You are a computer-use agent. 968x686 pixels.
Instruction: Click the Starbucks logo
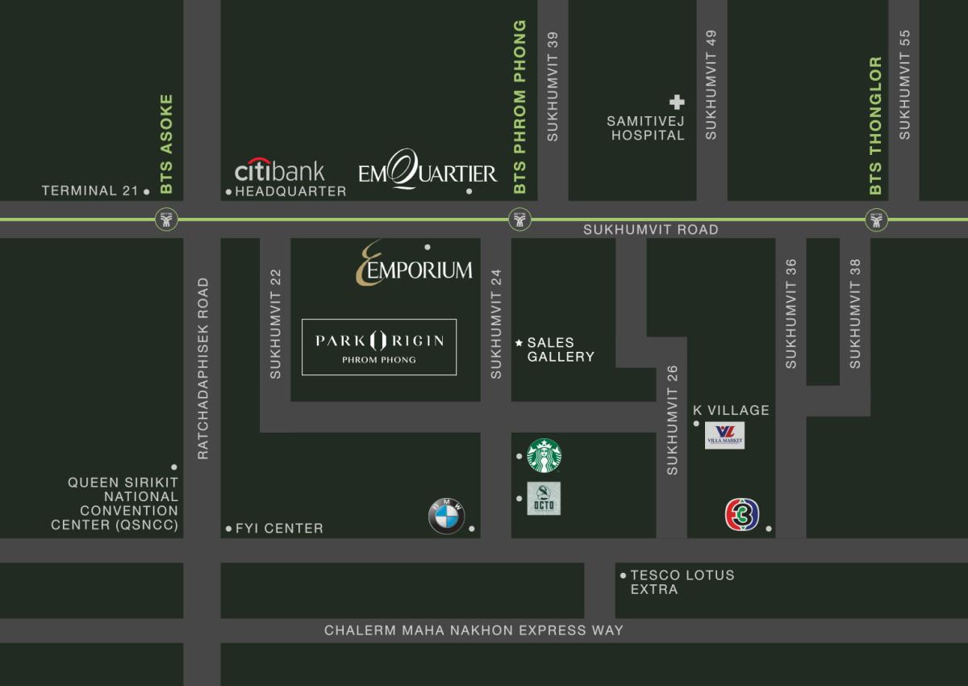coord(544,456)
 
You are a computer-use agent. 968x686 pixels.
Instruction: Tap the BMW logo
coord(446,517)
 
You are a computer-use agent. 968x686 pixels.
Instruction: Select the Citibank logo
coord(279,170)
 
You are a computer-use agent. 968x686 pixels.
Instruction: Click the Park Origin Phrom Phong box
coord(379,347)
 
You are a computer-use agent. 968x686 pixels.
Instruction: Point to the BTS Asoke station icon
coord(166,219)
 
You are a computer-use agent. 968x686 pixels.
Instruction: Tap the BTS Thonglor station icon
coord(876,219)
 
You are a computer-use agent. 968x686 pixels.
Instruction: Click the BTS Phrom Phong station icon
coord(520,219)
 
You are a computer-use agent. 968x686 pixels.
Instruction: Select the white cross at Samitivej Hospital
coord(677,102)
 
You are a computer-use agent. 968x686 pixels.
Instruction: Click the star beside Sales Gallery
coord(519,343)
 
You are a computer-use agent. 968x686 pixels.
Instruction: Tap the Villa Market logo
coord(724,436)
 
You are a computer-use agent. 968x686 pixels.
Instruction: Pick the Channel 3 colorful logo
coord(742,515)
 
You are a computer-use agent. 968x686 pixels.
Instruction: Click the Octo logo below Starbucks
coord(544,499)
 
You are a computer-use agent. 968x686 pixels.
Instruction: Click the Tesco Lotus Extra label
coord(682,582)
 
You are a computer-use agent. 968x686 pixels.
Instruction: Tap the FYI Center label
coord(279,529)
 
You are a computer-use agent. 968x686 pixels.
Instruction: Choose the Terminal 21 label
coord(90,190)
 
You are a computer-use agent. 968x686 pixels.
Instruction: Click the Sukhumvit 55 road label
coord(904,85)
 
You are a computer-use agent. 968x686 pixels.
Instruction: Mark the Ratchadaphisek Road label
coord(202,369)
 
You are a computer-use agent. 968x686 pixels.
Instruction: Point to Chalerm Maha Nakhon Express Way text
coord(474,630)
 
